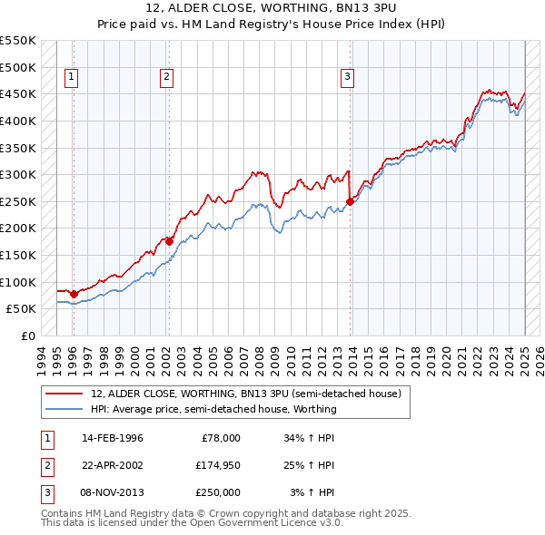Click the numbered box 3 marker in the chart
(x=347, y=78)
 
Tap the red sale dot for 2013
(x=350, y=201)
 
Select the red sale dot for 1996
(x=74, y=293)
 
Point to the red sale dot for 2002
(x=169, y=241)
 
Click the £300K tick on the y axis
(x=18, y=174)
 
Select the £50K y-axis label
(x=22, y=308)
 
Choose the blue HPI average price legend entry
(x=213, y=409)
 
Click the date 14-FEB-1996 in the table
(x=112, y=438)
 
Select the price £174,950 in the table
(x=217, y=465)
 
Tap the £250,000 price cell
(x=217, y=492)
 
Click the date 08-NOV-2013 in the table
(x=112, y=492)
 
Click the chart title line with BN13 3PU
(x=272, y=9)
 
